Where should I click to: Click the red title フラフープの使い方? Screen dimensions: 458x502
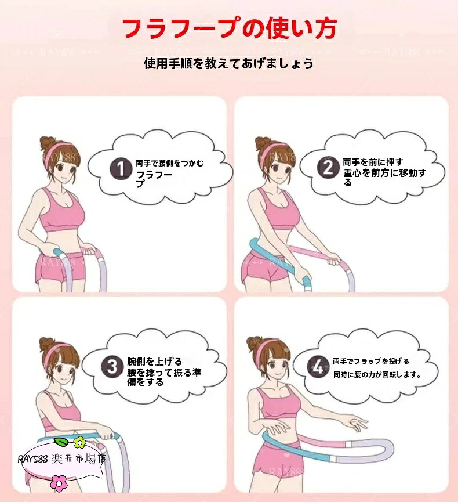click(x=230, y=29)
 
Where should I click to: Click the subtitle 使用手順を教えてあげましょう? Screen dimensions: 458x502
click(x=228, y=63)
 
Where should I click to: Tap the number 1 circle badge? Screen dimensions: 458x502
click(x=121, y=169)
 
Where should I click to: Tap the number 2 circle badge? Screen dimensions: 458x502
click(x=328, y=168)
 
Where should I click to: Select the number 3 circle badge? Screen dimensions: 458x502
click(x=112, y=366)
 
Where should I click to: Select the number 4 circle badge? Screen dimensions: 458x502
click(x=318, y=366)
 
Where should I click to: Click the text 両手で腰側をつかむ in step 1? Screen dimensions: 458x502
click(x=169, y=163)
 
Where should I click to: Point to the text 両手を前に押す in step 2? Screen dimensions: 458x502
click(x=373, y=162)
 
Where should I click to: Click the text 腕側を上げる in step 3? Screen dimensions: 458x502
click(x=154, y=362)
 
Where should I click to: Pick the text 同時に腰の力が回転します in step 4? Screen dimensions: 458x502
click(x=377, y=374)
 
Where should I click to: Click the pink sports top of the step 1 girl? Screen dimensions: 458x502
click(x=61, y=211)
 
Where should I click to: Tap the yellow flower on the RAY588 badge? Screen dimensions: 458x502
click(x=79, y=442)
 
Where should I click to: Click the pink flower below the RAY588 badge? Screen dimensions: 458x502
click(x=59, y=483)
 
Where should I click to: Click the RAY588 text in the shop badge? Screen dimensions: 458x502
click(x=32, y=460)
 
